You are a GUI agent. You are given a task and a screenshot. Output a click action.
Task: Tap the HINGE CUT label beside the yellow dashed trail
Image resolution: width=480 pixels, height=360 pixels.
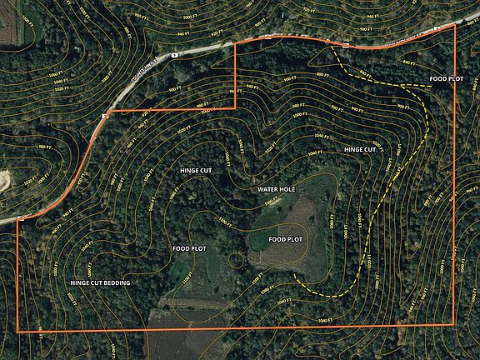pos(359,149)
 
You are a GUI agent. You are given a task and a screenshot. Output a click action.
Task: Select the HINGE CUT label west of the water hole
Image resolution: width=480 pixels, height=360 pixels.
pos(196,170)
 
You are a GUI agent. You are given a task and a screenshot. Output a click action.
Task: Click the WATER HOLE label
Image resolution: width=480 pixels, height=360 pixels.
pos(277,190)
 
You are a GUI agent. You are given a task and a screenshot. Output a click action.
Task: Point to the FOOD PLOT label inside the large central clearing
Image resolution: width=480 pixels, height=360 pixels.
pos(285,239)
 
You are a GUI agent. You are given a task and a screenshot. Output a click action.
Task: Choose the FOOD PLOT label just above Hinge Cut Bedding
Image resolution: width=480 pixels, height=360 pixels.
pos(188,248)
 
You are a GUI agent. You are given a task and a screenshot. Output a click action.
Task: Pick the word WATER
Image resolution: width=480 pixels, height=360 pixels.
pos(267,190)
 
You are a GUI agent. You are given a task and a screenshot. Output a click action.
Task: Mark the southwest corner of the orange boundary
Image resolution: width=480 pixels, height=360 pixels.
pos(18,331)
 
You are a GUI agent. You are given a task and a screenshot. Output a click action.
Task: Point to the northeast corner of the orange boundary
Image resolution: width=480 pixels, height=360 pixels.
pos(455,23)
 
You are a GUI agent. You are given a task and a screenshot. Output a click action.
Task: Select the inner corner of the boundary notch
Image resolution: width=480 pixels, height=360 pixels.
pos(234,108)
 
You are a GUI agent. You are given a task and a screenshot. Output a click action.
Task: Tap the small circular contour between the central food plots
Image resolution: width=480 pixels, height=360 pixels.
pos(237,262)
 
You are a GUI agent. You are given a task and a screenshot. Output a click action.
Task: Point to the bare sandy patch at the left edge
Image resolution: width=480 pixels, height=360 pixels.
pos(5,178)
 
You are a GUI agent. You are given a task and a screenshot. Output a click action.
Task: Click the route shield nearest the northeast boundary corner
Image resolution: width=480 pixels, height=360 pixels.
pos(437,27)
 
